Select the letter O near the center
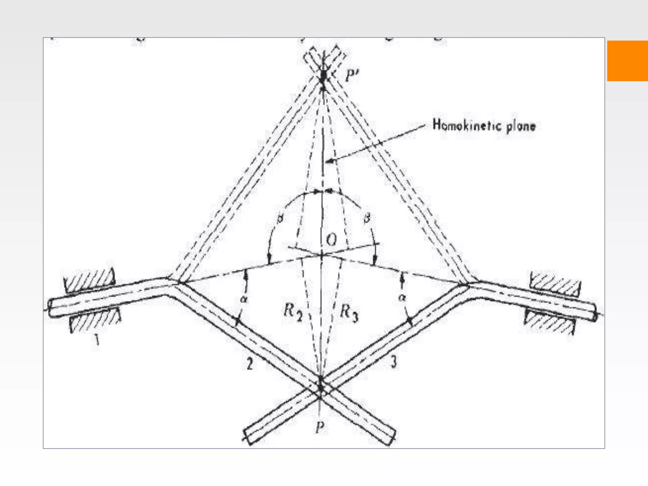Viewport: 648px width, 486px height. pos(332,240)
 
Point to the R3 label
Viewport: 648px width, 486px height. pos(349,313)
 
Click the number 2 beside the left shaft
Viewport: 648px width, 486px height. pos(250,364)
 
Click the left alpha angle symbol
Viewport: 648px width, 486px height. pos(244,298)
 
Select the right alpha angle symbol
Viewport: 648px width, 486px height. pos(402,297)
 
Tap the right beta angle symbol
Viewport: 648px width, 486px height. pos(367,218)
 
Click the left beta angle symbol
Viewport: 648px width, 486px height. pos(279,219)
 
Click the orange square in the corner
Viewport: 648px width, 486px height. pos(627,61)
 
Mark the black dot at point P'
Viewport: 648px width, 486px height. pos(323,76)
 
